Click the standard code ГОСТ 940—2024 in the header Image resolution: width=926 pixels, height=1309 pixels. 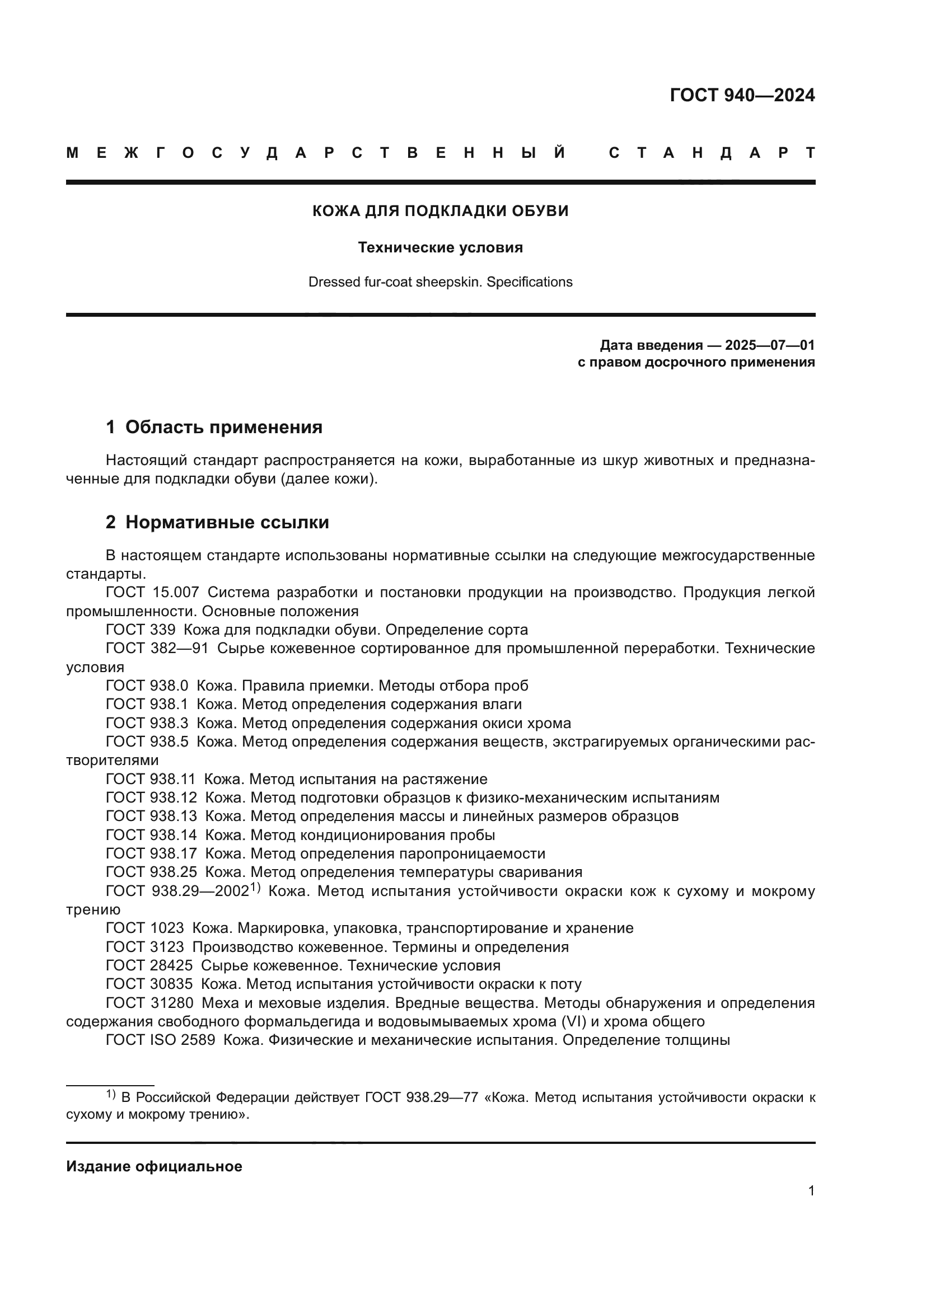tap(742, 95)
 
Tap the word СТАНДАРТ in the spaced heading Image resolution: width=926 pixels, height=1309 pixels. tap(712, 153)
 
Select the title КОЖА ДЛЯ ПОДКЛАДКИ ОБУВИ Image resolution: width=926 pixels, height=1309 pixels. tap(440, 211)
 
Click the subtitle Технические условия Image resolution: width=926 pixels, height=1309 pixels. tap(440, 247)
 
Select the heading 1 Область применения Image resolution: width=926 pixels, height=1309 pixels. tap(214, 427)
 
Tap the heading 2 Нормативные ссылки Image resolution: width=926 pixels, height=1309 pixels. tap(217, 522)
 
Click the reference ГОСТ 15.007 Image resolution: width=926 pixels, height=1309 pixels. tap(152, 592)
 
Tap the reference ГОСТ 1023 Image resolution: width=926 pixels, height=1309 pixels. tap(145, 928)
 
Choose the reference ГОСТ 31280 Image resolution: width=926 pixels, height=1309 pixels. tap(149, 1003)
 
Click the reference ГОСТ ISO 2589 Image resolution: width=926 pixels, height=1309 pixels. tap(160, 1040)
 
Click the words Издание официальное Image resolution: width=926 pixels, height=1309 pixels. tap(154, 1166)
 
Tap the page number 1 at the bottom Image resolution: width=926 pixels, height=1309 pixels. tap(811, 1190)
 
